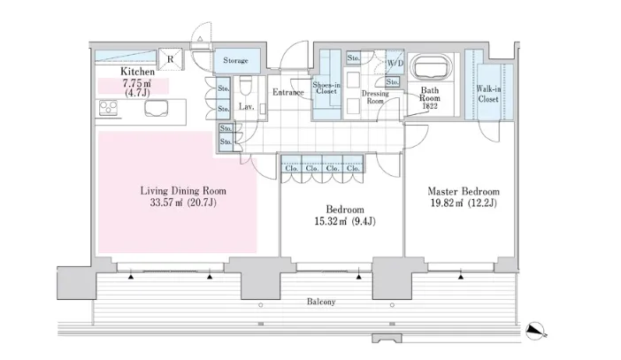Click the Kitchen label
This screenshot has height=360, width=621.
click(138, 71)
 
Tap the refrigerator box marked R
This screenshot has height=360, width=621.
click(170, 59)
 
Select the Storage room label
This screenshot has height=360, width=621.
click(235, 61)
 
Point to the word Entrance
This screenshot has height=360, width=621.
click(288, 92)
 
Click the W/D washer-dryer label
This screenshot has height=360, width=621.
click(395, 63)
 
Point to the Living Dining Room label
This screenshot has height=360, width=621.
click(184, 190)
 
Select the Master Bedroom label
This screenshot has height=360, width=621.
click(464, 191)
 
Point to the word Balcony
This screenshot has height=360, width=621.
click(322, 303)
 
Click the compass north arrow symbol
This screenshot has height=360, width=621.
click(534, 330)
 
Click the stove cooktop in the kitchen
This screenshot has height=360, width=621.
click(111, 110)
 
